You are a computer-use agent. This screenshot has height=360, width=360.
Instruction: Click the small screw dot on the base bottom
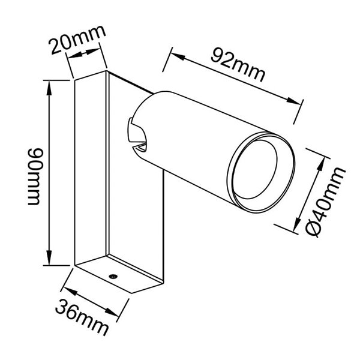[113, 275]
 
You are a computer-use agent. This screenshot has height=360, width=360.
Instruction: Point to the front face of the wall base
[90, 171]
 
